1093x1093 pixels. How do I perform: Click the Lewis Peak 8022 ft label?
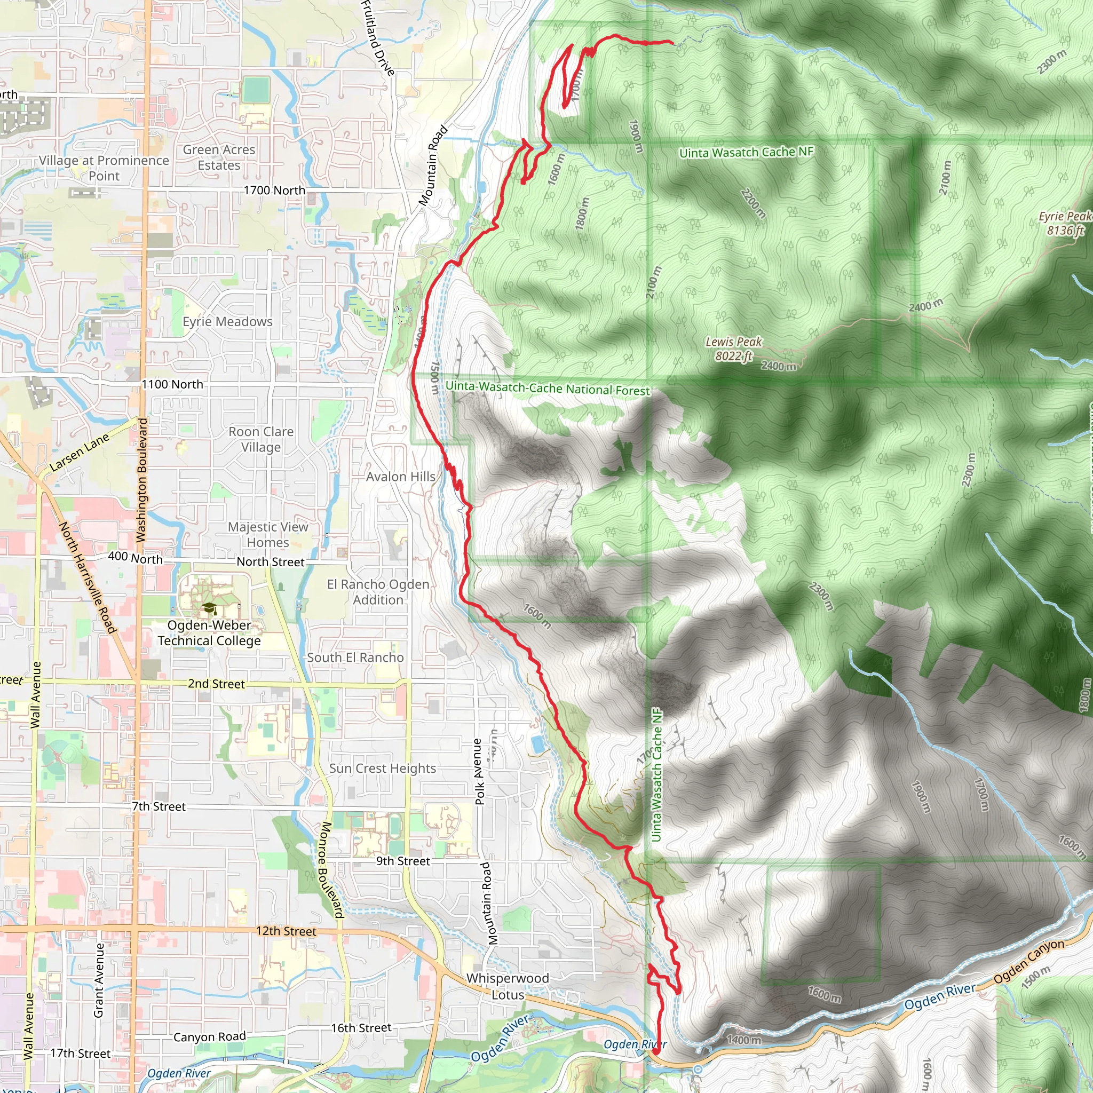tap(734, 349)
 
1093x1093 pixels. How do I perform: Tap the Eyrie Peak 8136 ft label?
tap(1065, 224)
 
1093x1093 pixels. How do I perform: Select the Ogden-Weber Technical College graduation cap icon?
tap(209, 609)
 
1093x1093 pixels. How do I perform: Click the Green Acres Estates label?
tap(219, 157)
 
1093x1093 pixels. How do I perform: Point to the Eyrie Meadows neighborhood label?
tap(227, 321)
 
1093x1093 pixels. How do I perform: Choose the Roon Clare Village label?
tap(261, 439)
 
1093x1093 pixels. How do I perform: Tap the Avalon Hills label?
tap(401, 477)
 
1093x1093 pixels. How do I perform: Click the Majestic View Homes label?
tap(268, 534)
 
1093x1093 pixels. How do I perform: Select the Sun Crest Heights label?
tap(383, 767)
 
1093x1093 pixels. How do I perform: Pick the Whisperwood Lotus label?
tap(508, 986)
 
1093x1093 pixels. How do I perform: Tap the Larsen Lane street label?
tap(79, 453)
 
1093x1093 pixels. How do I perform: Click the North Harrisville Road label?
tap(88, 577)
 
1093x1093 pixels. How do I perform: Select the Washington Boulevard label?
tap(141, 480)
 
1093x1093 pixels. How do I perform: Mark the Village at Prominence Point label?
tap(104, 168)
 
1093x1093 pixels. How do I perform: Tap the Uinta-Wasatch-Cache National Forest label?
tap(548, 388)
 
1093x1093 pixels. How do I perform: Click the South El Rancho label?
tap(355, 658)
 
